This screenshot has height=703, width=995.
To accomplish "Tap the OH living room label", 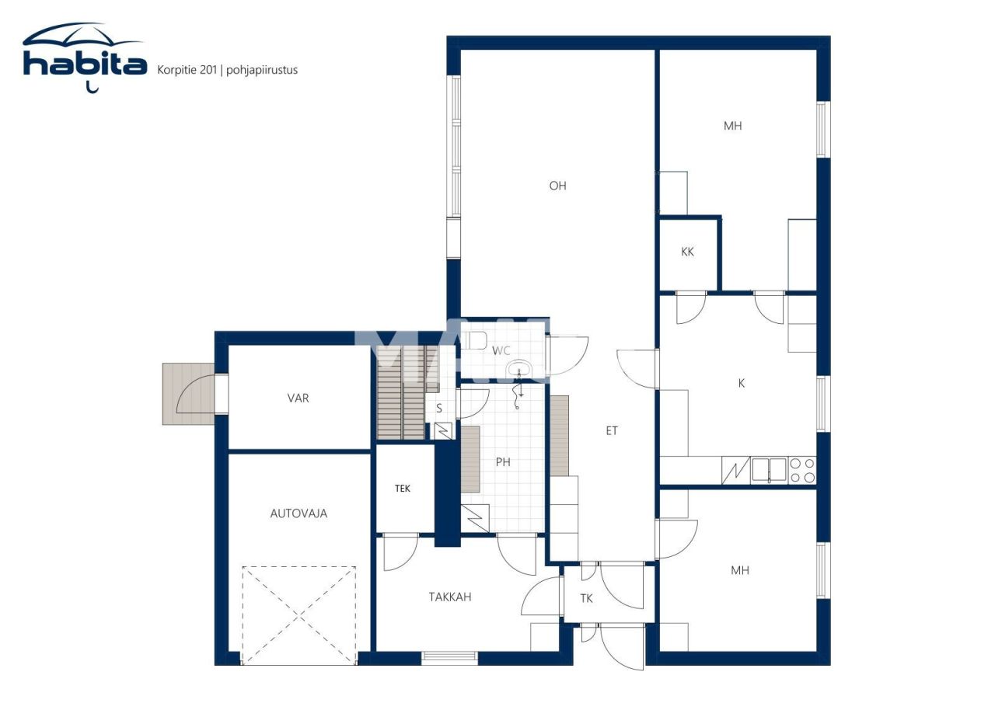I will click(557, 186).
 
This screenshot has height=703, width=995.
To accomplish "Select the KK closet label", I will click(687, 252).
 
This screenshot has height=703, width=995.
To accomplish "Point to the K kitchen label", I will click(741, 383).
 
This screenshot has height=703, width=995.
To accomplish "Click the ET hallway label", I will click(612, 430).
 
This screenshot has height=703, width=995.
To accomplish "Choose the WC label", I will click(501, 350).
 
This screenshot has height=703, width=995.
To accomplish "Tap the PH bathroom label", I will click(504, 461).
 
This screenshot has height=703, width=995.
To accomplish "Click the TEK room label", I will click(403, 489).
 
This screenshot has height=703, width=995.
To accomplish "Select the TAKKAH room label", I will click(450, 597).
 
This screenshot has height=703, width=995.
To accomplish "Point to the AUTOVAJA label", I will click(298, 513).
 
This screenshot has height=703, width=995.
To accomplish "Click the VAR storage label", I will click(298, 398).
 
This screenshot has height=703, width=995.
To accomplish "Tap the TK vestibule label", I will click(586, 598).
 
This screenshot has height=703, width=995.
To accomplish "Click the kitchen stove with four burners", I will click(803, 471).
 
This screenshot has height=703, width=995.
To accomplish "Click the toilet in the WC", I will click(476, 340).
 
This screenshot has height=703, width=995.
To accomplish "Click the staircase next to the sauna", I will click(401, 396).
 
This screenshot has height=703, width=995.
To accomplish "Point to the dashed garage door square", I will click(299, 614).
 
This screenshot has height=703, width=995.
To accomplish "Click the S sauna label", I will click(439, 408).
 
